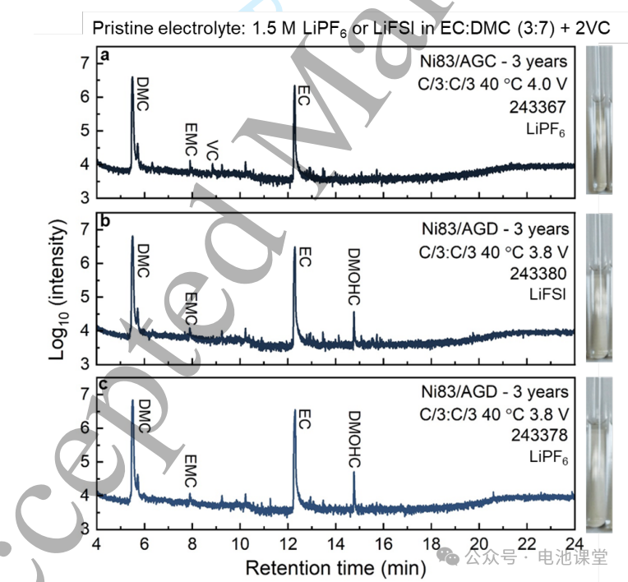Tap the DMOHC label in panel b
coord(354,278)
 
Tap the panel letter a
coord(104,56)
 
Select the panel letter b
coord(104,219)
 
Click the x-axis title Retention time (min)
coord(335,567)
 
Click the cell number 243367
coord(538,107)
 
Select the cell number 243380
coord(538,271)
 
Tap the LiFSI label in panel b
coord(547,293)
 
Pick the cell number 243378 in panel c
coord(538,435)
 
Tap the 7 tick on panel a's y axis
coord(85,62)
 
